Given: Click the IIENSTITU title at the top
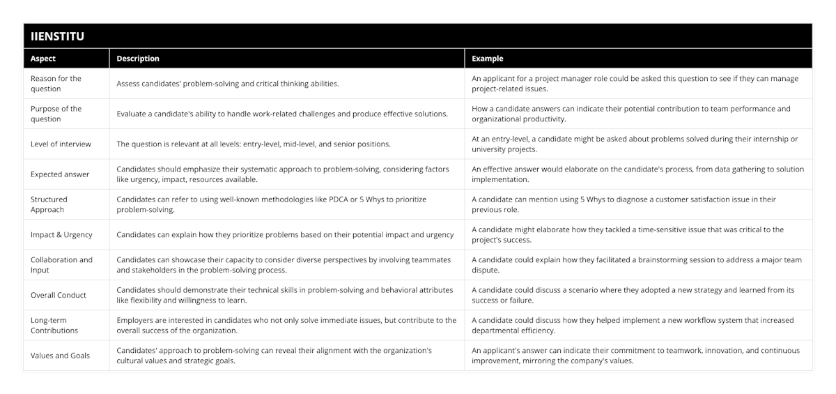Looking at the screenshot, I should pyautogui.click(x=58, y=36).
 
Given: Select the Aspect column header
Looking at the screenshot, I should pyautogui.click(x=43, y=59).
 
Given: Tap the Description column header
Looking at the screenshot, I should pyautogui.click(x=138, y=59).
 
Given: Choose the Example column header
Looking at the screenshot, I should pyautogui.click(x=488, y=59).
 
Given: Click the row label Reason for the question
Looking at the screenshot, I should pyautogui.click(x=56, y=84).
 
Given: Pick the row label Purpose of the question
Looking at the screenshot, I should pyautogui.click(x=56, y=114).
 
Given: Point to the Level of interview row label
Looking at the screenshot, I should pyautogui.click(x=61, y=144).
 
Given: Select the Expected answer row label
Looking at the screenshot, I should pyautogui.click(x=60, y=174).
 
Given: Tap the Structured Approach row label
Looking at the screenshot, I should pyautogui.click(x=49, y=204).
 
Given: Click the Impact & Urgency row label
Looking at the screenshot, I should pyautogui.click(x=61, y=235).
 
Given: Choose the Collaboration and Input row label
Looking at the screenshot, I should pyautogui.click(x=61, y=265).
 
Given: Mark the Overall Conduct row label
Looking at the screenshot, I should pyautogui.click(x=59, y=295).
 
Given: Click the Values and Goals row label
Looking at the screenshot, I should pyautogui.click(x=60, y=356).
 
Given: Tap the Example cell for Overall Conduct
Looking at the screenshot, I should pyautogui.click(x=633, y=295).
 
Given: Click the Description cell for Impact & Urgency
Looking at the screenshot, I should pyautogui.click(x=285, y=235).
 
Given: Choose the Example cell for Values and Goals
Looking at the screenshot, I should pyautogui.click(x=635, y=356).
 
